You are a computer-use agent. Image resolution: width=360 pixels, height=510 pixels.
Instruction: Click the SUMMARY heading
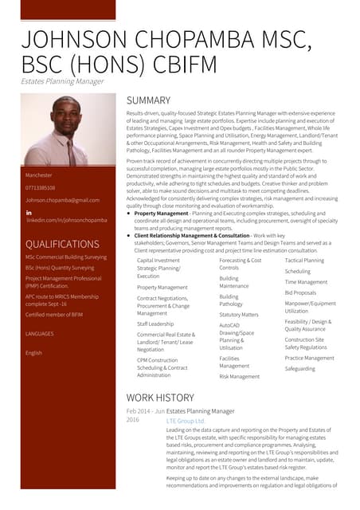149,100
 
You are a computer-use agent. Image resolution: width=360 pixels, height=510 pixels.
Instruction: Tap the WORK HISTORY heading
160,397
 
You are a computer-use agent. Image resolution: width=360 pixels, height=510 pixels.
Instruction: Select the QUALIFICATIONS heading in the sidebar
62,244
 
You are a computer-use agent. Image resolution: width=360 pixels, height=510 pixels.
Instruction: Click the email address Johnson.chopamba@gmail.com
62,200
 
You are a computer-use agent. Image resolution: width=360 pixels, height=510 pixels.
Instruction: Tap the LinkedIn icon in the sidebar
29,213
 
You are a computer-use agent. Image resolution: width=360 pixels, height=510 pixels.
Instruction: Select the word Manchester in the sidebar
39,175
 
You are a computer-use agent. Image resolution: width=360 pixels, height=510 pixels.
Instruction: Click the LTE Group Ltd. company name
186,420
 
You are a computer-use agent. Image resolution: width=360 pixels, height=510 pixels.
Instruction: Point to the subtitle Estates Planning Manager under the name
62,81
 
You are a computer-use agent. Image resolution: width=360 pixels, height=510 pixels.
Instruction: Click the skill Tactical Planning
304,261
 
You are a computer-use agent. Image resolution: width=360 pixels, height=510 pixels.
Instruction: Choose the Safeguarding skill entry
299,369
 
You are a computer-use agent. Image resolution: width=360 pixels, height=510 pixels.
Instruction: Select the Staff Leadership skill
155,324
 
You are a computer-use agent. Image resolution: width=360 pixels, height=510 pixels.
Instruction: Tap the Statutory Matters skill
239,315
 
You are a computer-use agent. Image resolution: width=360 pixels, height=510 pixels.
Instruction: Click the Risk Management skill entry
240,376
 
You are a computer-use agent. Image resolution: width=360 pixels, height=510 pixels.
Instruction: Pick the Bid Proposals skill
300,292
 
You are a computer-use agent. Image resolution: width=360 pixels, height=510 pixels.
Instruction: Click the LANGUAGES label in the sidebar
40,333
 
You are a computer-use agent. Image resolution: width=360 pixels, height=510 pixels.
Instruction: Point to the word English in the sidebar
34,352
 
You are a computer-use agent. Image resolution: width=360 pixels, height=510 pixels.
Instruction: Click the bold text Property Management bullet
162,214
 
